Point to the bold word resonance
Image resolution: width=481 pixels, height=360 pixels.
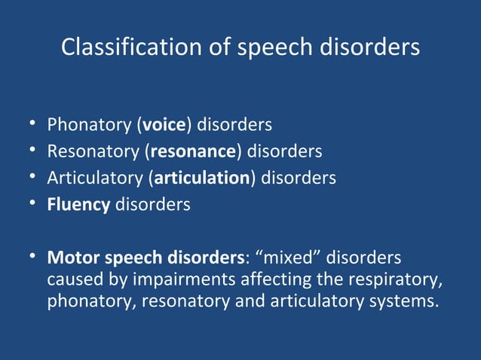click(193, 151)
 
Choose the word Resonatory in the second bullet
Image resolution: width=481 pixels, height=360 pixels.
click(93, 151)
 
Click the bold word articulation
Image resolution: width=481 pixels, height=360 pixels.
click(202, 178)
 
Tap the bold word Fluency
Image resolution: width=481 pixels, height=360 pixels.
click(78, 205)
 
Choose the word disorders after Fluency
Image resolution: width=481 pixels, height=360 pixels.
click(152, 205)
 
